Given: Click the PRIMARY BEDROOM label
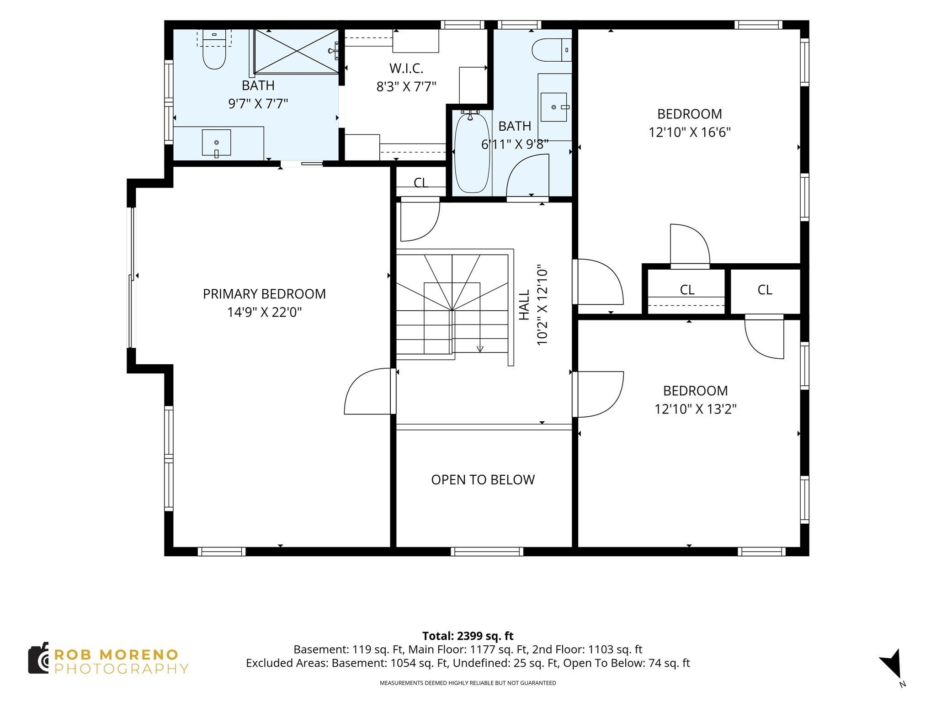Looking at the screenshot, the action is (x=264, y=294).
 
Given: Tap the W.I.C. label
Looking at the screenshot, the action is (x=406, y=69).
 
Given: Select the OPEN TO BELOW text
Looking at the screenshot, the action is (x=483, y=479).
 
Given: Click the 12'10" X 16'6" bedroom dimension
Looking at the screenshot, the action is (x=690, y=133).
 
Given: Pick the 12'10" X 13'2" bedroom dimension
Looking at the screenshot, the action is (x=696, y=409).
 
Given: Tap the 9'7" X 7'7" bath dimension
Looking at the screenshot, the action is (x=258, y=104).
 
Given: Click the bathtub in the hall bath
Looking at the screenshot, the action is (x=472, y=153).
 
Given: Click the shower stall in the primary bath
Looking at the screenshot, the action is (x=296, y=51).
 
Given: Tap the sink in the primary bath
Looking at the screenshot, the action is (x=216, y=143).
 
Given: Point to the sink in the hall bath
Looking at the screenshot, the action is (x=553, y=107).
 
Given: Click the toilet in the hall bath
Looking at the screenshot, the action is (x=552, y=50).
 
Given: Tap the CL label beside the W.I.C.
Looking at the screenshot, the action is (x=420, y=183).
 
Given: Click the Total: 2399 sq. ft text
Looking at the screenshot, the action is (x=468, y=636).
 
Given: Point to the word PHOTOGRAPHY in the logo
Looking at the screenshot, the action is (x=122, y=669).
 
